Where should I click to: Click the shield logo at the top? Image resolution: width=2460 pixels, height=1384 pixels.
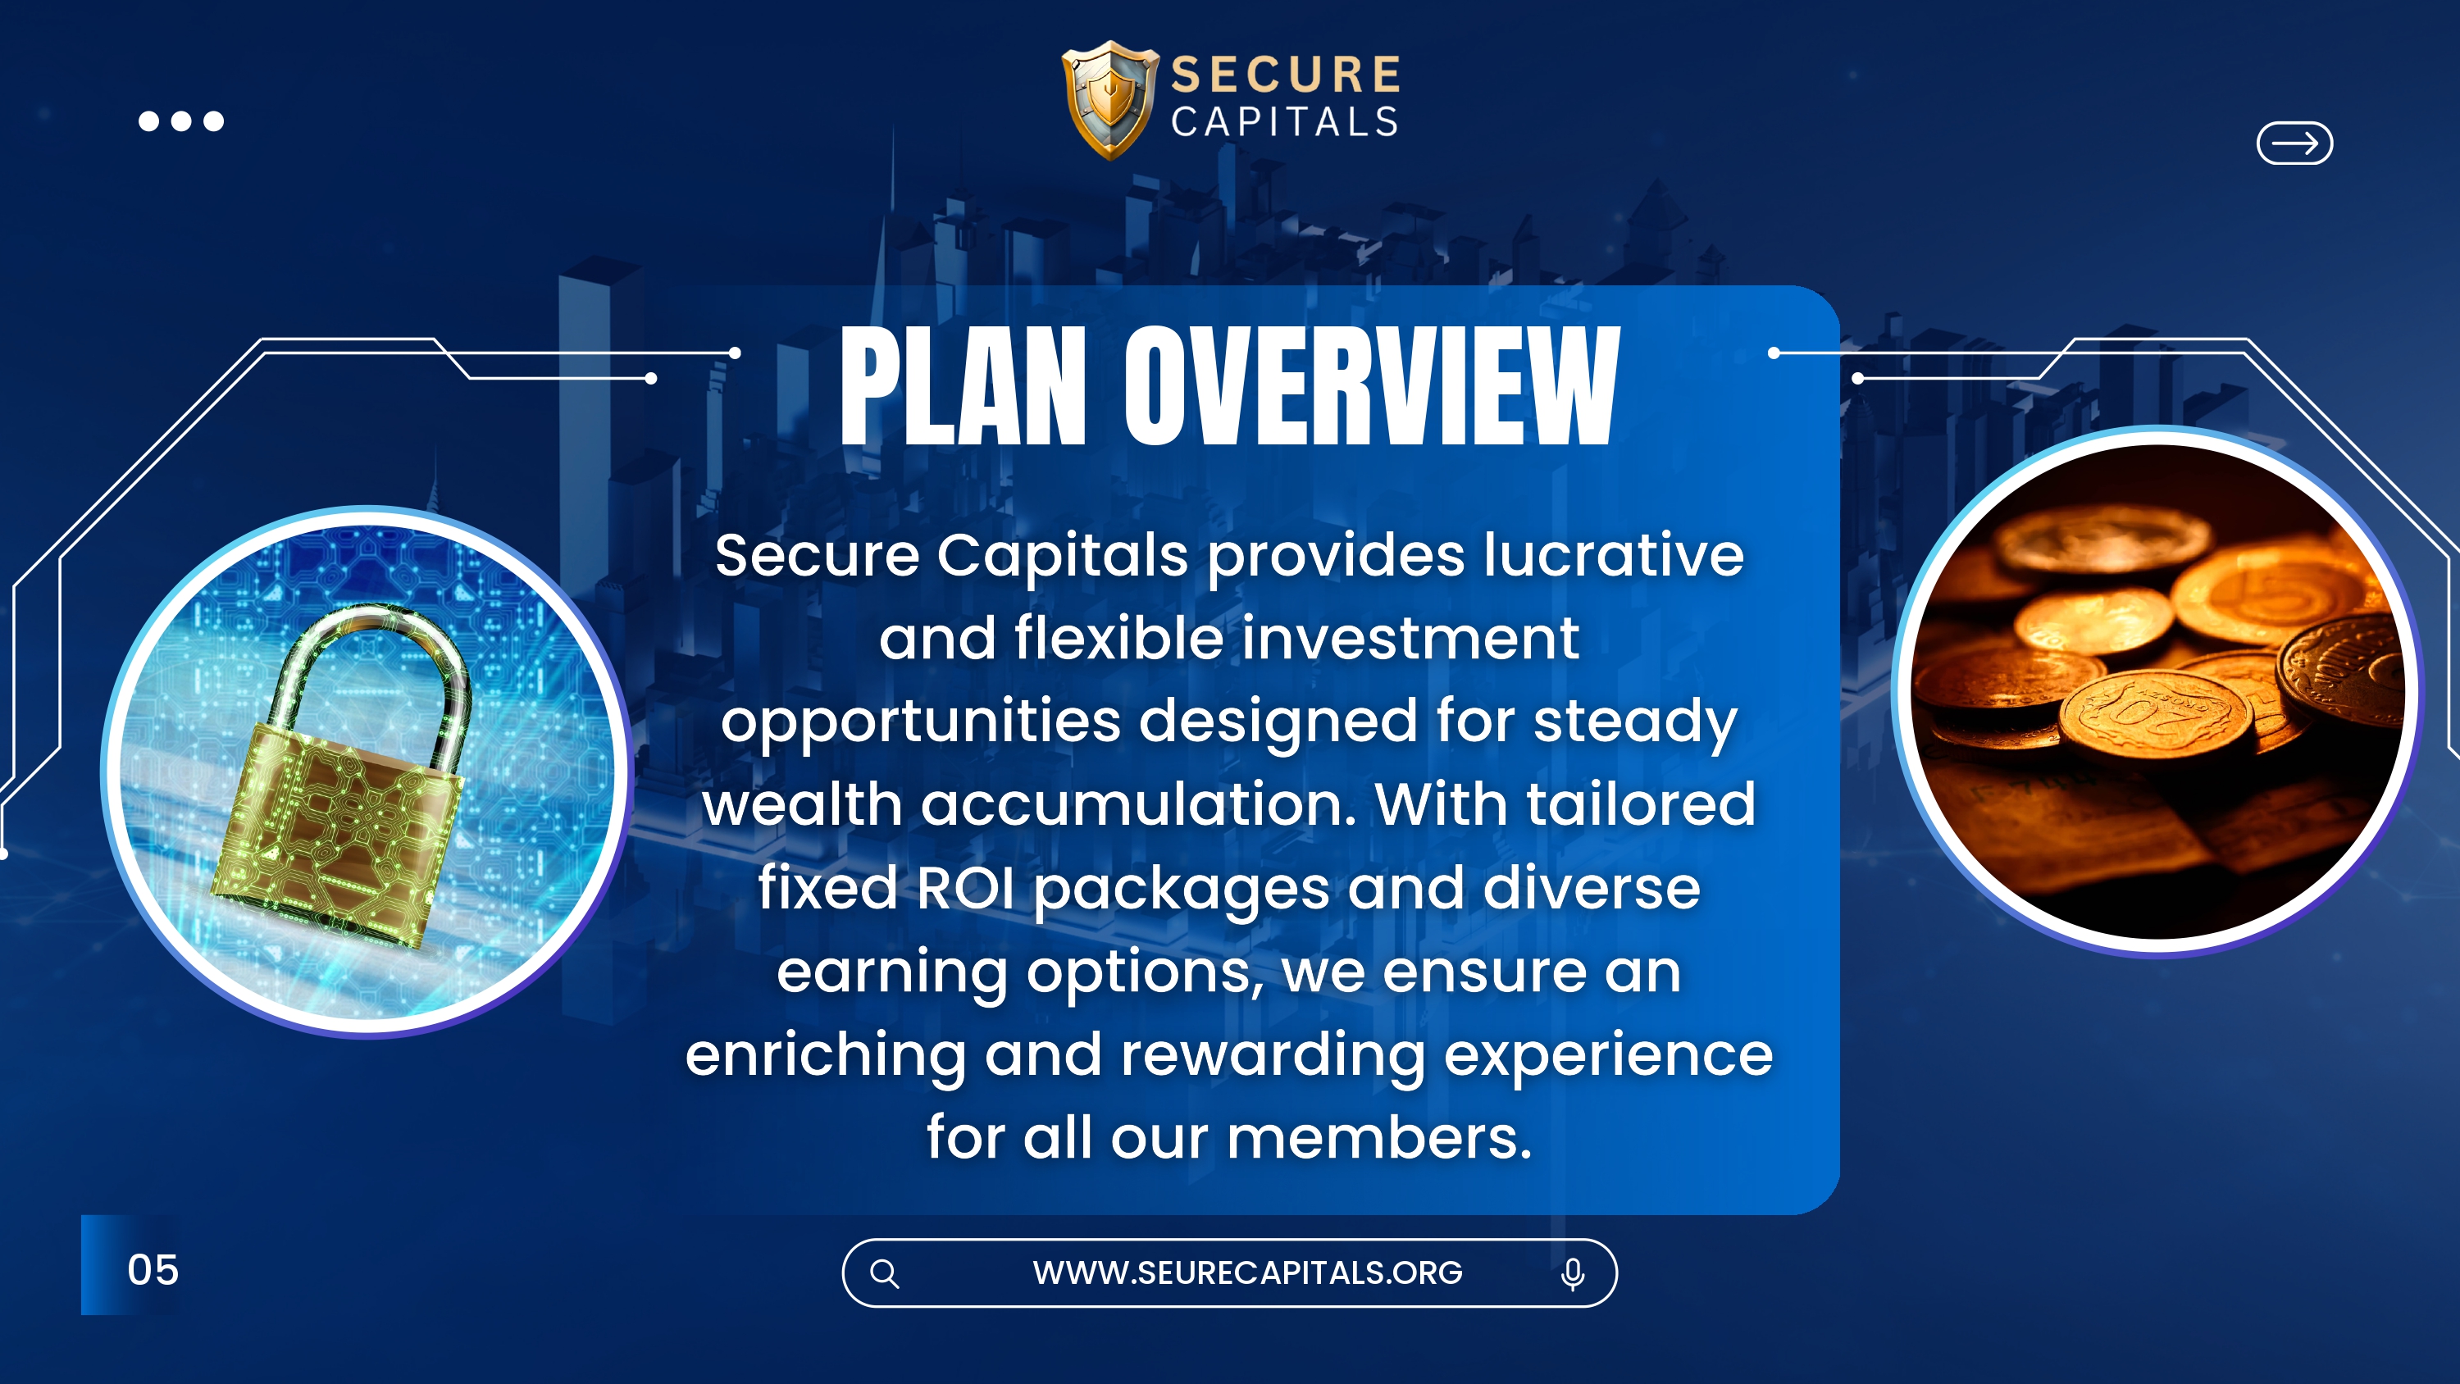coord(1110,99)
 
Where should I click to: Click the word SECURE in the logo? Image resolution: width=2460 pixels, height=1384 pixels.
coord(1287,75)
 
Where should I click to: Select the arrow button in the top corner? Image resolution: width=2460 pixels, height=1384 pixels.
coord(2294,143)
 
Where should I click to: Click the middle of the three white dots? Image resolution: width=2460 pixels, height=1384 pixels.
coord(181,121)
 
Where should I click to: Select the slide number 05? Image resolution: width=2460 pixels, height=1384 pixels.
coord(153,1269)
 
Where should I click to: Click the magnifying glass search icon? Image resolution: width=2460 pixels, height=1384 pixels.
coord(884,1273)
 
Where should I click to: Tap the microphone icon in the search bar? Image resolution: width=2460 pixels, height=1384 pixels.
coord(1573,1274)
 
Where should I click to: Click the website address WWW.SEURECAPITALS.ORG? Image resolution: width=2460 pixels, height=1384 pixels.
coord(1247,1272)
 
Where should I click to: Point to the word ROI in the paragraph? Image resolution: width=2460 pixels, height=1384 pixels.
coord(964,887)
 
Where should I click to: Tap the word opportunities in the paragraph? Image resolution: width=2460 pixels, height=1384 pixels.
coord(921,723)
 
